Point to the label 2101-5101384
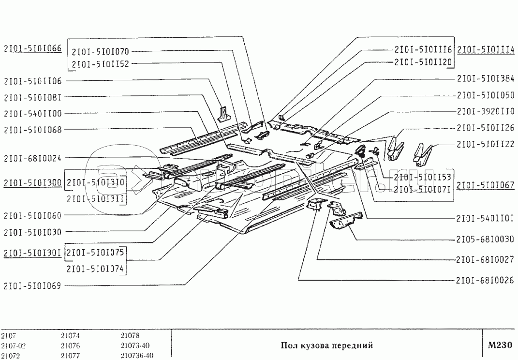pyautogui.click(x=485, y=78)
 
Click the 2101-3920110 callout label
pyautogui.click(x=485, y=111)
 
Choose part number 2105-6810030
pyautogui.click(x=485, y=240)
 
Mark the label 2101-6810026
pyautogui.click(x=485, y=280)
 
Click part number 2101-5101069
pyautogui.click(x=32, y=285)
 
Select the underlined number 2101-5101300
pyautogui.click(x=32, y=182)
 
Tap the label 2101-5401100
pyautogui.click(x=32, y=113)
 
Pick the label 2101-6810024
pyautogui.click(x=32, y=158)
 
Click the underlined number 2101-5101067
pyautogui.click(x=485, y=184)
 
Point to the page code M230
pyautogui.click(x=500, y=345)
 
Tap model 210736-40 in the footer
pyautogui.click(x=137, y=356)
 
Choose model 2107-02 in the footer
pyautogui.click(x=13, y=345)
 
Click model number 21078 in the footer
pyautogui.click(x=130, y=335)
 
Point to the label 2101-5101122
pyautogui.click(x=485, y=144)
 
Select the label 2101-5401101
pyautogui.click(x=485, y=218)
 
